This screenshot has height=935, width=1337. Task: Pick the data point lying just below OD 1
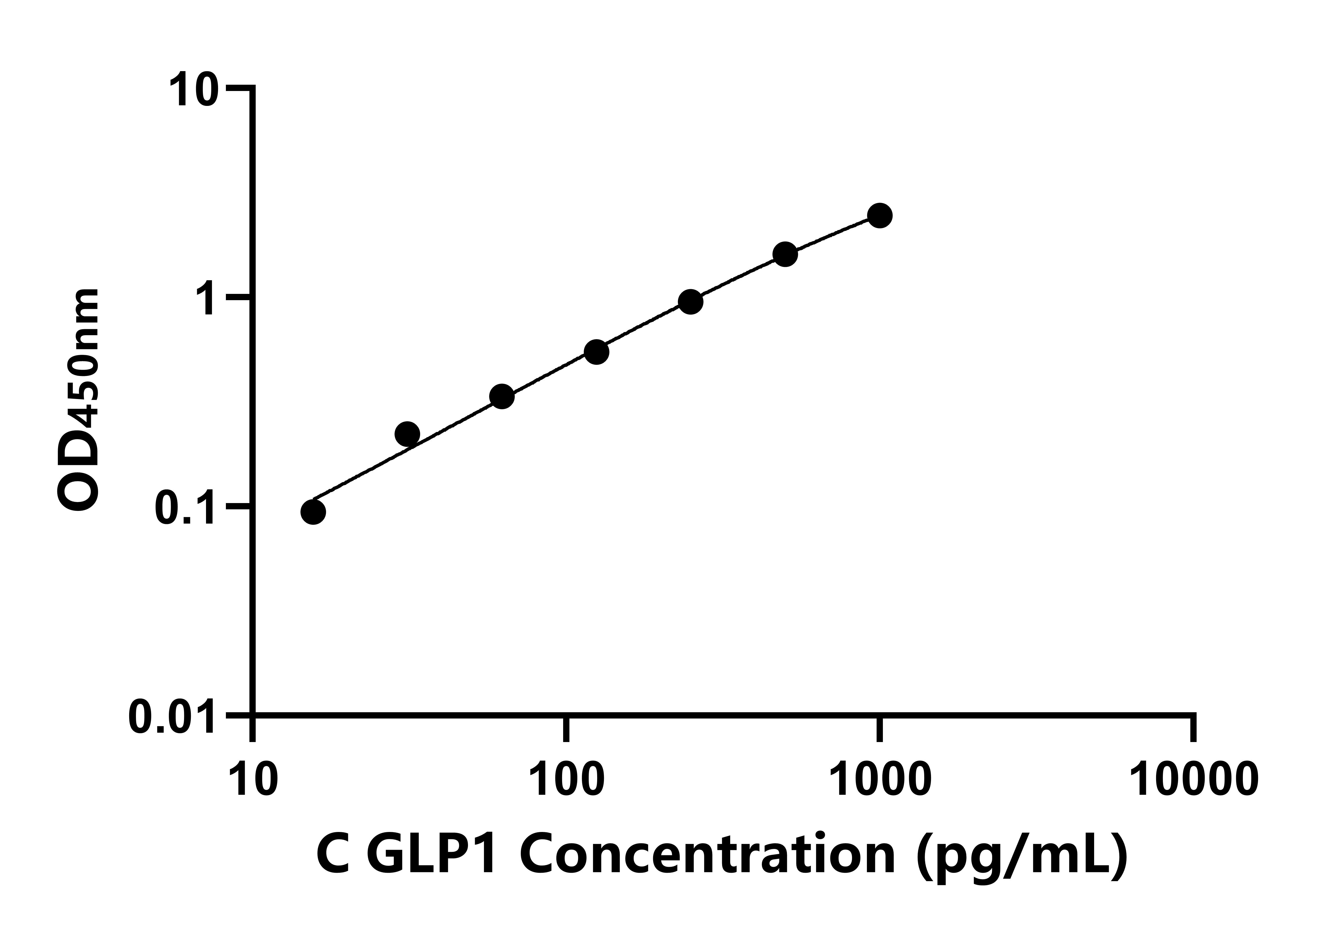point(691,302)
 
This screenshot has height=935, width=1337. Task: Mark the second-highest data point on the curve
point(785,254)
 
